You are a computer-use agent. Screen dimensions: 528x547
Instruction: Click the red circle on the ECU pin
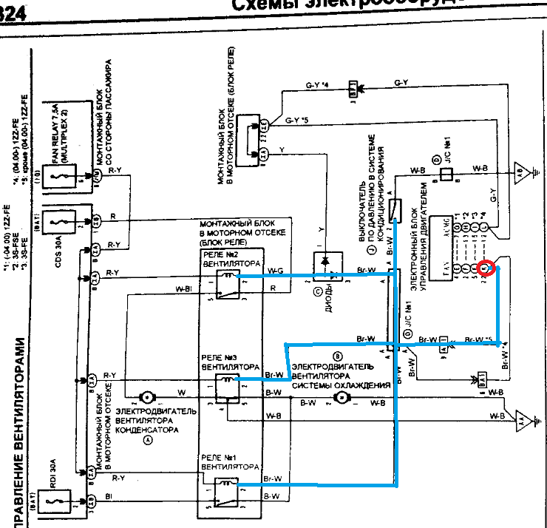pyautogui.click(x=485, y=268)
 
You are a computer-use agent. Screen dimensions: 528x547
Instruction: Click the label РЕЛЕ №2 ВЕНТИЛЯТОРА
pyautogui.click(x=231, y=258)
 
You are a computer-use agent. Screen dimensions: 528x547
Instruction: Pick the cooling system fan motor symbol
pyautogui.click(x=342, y=398)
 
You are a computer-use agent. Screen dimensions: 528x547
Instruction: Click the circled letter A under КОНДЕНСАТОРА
pyautogui.click(x=147, y=439)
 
